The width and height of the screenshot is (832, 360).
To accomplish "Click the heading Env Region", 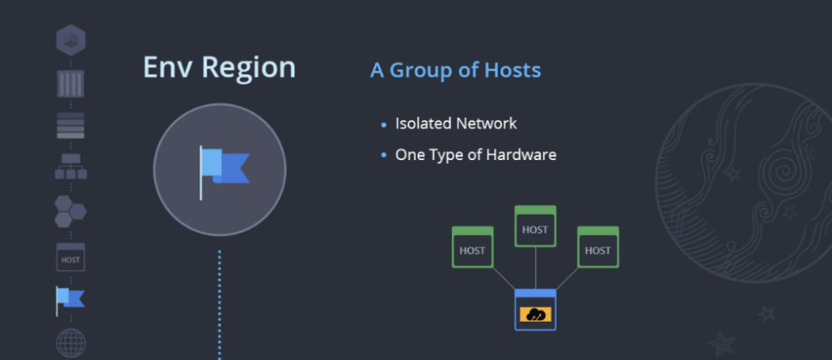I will point(219,67).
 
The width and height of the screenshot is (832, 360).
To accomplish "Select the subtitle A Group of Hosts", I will point(455,70).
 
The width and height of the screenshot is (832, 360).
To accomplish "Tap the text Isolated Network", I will point(456,124).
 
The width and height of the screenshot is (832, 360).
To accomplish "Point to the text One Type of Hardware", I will point(475,154).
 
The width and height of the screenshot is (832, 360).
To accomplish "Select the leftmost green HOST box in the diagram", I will point(472,248).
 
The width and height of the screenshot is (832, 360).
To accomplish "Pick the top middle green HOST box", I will point(535,227).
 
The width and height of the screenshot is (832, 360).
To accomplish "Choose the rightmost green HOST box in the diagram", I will point(597,248).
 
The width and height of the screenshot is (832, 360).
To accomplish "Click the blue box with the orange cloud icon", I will point(535,310).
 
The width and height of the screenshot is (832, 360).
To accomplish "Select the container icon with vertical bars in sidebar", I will point(71,84).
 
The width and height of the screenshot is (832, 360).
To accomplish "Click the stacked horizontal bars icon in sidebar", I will point(71,126).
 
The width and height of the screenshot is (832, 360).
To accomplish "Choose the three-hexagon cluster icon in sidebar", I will point(71,210).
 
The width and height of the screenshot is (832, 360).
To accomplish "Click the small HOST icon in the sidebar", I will point(71,258).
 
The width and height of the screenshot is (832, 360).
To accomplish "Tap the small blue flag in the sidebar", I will point(70,300).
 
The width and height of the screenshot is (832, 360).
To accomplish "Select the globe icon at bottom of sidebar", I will point(71,343).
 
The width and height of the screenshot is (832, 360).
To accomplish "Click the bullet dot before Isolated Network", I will point(383,125).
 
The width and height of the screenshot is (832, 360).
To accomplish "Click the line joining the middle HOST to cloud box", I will point(535,268).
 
